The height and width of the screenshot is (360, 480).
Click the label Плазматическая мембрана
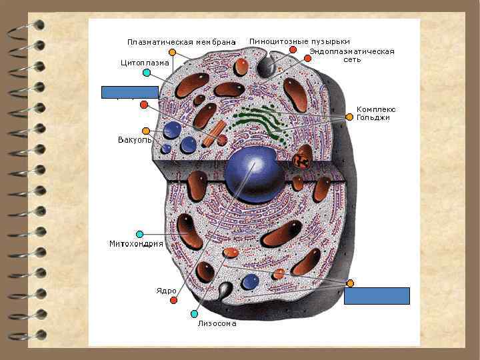(x=181, y=42)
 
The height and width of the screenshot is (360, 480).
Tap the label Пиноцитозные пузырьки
(x=299, y=41)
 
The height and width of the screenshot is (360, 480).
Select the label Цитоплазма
(x=144, y=63)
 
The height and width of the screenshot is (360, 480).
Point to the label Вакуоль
(x=134, y=140)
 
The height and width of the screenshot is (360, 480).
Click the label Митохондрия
(x=136, y=244)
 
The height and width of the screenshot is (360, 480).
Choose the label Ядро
(x=167, y=291)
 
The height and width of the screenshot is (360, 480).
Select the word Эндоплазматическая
(x=351, y=51)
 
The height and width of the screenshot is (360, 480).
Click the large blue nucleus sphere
(x=255, y=175)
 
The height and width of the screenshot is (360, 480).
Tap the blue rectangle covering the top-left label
(x=129, y=92)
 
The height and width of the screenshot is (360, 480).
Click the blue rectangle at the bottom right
(x=377, y=295)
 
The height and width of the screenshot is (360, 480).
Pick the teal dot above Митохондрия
(x=139, y=234)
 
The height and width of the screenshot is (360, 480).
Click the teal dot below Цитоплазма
(x=146, y=72)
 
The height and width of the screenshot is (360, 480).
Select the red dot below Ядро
(x=173, y=301)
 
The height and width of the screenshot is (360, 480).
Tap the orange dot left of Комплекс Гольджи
(x=349, y=117)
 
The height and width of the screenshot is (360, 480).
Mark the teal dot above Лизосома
(x=194, y=313)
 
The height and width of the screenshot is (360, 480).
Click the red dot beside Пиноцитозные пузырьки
(x=293, y=50)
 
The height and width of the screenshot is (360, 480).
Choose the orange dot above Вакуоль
(x=146, y=131)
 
